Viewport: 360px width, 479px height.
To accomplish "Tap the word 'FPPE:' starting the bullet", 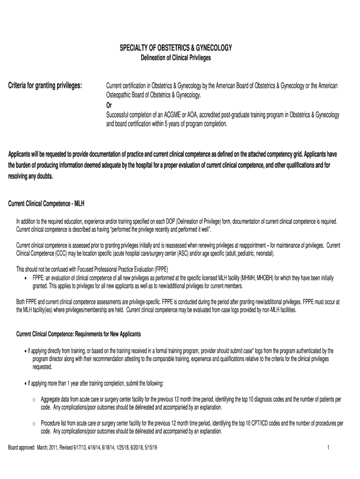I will [38, 278].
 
